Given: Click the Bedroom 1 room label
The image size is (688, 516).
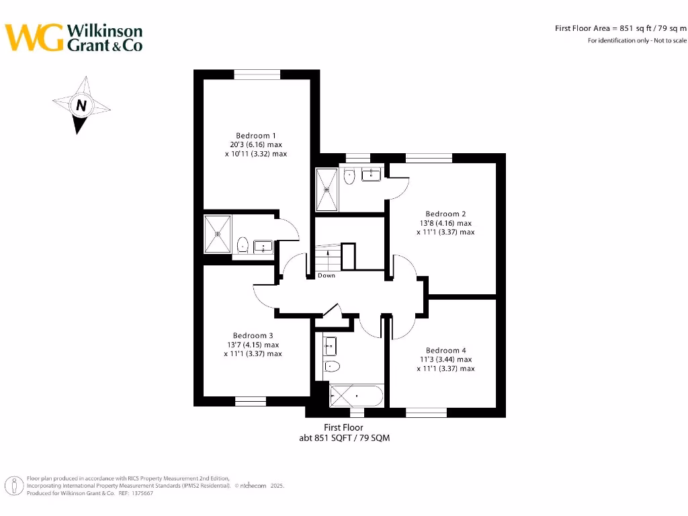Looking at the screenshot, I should click(x=256, y=136).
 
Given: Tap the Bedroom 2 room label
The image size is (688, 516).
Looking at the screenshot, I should click(x=445, y=214).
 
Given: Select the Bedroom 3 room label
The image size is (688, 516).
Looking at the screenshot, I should click(x=253, y=335).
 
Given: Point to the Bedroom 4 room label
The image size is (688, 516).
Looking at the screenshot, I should click(x=445, y=350).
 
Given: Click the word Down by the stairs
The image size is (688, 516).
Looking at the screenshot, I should click(x=327, y=275).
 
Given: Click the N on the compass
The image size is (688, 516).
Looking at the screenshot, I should click(x=81, y=105).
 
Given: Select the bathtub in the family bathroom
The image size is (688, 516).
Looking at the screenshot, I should click(x=356, y=396).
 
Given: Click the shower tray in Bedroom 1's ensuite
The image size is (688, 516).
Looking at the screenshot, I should click(x=218, y=233).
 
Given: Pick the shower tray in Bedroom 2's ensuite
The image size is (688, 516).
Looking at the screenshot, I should click(x=327, y=189).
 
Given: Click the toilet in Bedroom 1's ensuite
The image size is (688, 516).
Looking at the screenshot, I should click(x=243, y=245).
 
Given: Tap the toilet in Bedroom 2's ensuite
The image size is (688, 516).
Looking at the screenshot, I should click(x=349, y=177).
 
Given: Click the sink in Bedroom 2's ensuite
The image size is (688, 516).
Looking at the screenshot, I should click(x=371, y=175).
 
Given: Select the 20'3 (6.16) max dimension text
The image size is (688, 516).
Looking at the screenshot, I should click(x=255, y=144).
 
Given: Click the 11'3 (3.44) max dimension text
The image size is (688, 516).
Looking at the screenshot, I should click(x=445, y=359).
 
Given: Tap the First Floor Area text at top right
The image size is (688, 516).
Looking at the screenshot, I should click(x=620, y=28).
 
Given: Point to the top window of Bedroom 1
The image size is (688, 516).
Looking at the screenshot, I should click(x=256, y=74).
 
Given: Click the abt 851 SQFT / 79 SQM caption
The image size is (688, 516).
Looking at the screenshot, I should click(x=344, y=437).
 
